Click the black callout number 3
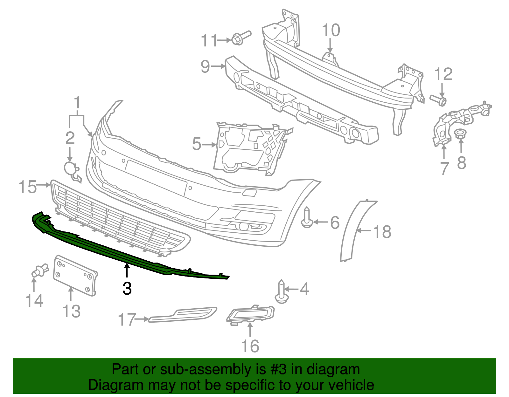click(127, 289)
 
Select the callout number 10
click(331, 31)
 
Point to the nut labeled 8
click(459, 133)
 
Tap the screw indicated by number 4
click(282, 292)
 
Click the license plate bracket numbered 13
click(75, 275)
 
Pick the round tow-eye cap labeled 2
click(70, 168)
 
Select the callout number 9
click(206, 66)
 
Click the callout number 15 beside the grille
click(27, 187)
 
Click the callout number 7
click(444, 168)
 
